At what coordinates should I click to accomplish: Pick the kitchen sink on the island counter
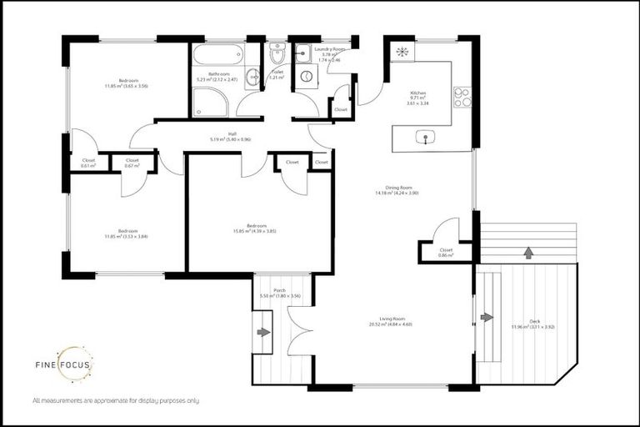click(x=427, y=138)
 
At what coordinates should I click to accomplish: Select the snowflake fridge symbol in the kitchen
click(x=402, y=53)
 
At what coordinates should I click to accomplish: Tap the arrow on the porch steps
click(x=264, y=332)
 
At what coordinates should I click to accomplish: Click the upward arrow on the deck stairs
click(x=527, y=251)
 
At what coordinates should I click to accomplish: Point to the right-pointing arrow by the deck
click(x=487, y=317)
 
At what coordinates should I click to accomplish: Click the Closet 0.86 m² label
click(x=446, y=252)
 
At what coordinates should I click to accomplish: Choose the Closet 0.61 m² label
click(x=87, y=163)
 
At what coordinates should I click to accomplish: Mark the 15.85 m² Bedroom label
click(x=254, y=228)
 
